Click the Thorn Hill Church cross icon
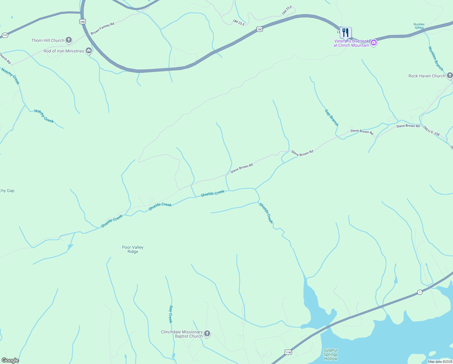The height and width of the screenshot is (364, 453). coord(69,40)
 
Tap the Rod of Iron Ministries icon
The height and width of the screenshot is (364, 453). coord(89,51)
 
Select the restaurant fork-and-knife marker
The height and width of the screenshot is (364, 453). coord(346,32)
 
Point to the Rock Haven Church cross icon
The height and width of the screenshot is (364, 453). coord(450,76)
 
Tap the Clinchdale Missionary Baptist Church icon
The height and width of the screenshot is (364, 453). coord(207,334)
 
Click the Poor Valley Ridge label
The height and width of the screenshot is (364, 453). coord(133,249)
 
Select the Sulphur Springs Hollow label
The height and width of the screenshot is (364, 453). coord(331,354)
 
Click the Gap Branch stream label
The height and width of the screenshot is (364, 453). coord(332,118)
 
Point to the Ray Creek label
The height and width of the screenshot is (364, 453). coord(170,314)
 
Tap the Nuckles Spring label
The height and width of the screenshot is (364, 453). coord(419,26)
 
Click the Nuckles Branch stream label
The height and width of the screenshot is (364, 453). coord(436,59)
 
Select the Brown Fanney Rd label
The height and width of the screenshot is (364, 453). coord(102,28)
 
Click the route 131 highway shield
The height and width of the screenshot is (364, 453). coord(5,35)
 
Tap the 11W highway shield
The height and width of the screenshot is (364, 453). coord(288,352)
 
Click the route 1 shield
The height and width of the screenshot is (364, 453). coord(419,292)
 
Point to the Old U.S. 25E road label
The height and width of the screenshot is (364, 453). coord(432,131)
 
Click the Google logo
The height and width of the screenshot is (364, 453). coord(10,360)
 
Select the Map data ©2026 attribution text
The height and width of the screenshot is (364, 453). coord(440,362)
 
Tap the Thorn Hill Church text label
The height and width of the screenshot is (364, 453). coord(48,40)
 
